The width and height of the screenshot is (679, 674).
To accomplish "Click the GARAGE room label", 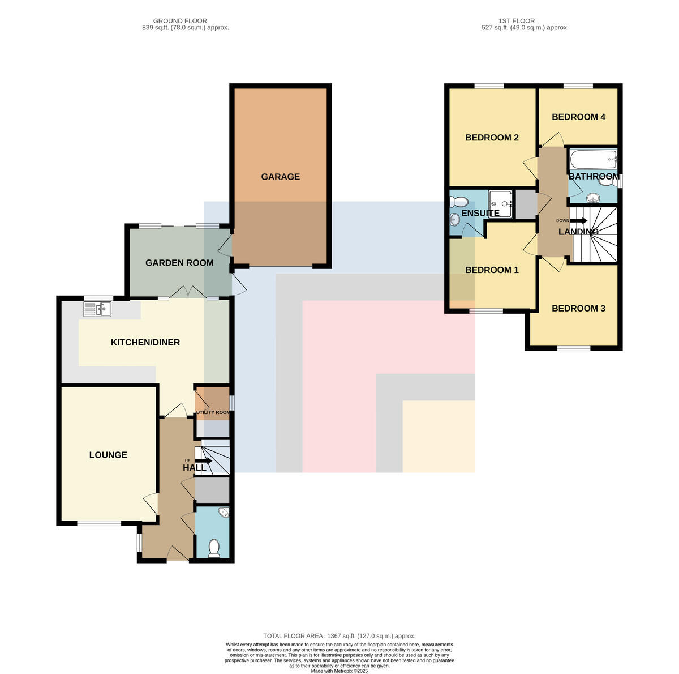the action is pos(280,177).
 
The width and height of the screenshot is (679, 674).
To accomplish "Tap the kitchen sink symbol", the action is pos(97,309).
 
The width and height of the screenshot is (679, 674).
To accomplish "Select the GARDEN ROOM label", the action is pos(179,263).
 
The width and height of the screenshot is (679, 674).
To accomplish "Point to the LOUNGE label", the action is pos(108,454).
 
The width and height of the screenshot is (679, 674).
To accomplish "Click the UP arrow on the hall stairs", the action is pos(203,461).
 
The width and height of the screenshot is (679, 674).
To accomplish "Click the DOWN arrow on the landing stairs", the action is pos(579,221).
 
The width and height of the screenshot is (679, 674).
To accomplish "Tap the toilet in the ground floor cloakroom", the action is pos(214,548).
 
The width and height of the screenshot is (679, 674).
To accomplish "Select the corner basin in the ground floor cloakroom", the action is pos(224,513).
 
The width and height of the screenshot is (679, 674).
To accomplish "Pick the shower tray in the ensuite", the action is pos(500,204).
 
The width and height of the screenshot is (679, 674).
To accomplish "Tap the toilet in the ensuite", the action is pos(459,202).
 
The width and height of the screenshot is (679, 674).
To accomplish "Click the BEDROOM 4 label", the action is pos(578,117).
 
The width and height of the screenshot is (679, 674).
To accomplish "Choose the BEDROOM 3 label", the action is pos(578,308).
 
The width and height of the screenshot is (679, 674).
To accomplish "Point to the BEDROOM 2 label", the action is pos(492,137).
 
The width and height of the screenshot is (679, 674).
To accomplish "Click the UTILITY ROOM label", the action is pos(213,412).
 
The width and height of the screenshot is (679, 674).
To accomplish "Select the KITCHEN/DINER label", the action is pos(145,342).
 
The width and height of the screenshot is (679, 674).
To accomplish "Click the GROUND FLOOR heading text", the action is pos(180,21).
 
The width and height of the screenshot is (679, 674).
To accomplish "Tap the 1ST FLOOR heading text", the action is pos(517,21).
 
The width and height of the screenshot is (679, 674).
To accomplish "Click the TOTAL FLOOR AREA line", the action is pos(339,636).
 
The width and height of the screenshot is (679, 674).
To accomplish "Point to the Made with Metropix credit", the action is pos(339,671).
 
